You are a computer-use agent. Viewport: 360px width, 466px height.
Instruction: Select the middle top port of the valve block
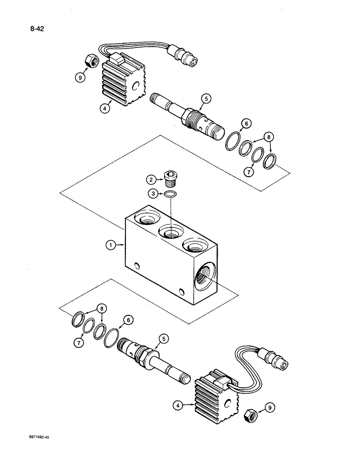point(171,231)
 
